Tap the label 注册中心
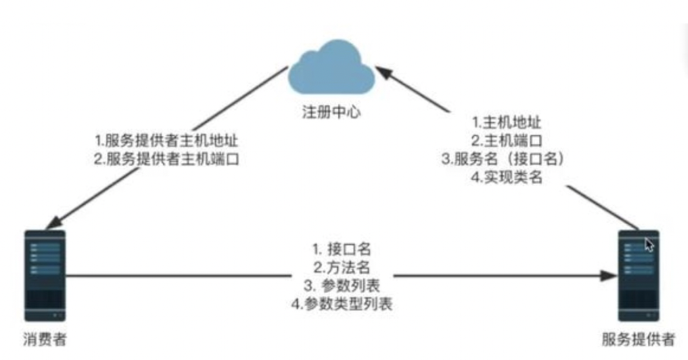pyautogui.click(x=332, y=112)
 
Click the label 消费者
pyautogui.click(x=45, y=341)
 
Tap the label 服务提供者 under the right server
pyautogui.click(x=638, y=341)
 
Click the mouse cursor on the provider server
pyautogui.click(x=649, y=244)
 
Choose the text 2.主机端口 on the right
pyautogui.click(x=507, y=141)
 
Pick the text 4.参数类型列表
pyautogui.click(x=342, y=303)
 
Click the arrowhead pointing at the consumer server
pyautogui.click(x=50, y=224)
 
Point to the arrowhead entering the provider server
pyautogui.click(x=609, y=277)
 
